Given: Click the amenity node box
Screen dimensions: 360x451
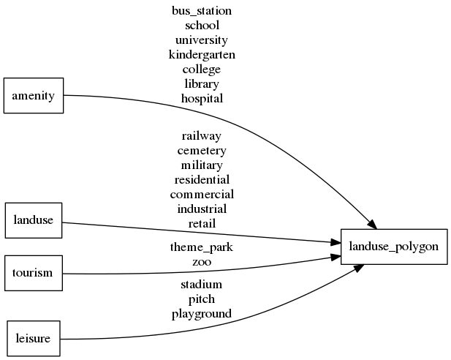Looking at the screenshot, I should pyautogui.click(x=34, y=95).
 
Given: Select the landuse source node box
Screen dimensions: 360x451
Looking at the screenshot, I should pyautogui.click(x=34, y=220).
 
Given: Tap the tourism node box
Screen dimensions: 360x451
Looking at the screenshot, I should pyautogui.click(x=33, y=273).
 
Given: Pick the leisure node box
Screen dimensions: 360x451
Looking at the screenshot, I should pyautogui.click(x=33, y=338).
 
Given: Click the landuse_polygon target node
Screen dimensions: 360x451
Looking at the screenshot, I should pyautogui.click(x=394, y=247).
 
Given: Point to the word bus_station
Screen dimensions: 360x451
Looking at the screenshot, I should pyautogui.click(x=202, y=11).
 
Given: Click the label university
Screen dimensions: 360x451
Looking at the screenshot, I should pyautogui.click(x=202, y=40).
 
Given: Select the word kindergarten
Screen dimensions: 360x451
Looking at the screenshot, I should pyautogui.click(x=202, y=54).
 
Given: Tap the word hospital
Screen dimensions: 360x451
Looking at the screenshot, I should pyautogui.click(x=202, y=98).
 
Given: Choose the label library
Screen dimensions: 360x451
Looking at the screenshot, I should pyautogui.click(x=202, y=83).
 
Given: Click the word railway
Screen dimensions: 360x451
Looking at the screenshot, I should pyautogui.click(x=202, y=135).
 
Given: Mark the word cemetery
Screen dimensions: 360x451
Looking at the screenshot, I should pyautogui.click(x=202, y=150).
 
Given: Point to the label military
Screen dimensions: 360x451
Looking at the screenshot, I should pyautogui.click(x=202, y=165).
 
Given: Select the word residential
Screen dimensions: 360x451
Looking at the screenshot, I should pyautogui.click(x=202, y=179).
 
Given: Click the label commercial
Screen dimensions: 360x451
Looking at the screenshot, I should pyautogui.click(x=202, y=194).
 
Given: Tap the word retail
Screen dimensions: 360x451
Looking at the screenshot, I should pyautogui.click(x=202, y=223).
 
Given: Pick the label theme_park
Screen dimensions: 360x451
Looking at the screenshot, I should pyautogui.click(x=202, y=247).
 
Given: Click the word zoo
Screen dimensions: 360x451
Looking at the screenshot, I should pyautogui.click(x=202, y=261).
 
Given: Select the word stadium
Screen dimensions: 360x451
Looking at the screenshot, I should pyautogui.click(x=202, y=285).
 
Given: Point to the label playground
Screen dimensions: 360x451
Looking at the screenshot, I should pyautogui.click(x=202, y=314).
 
